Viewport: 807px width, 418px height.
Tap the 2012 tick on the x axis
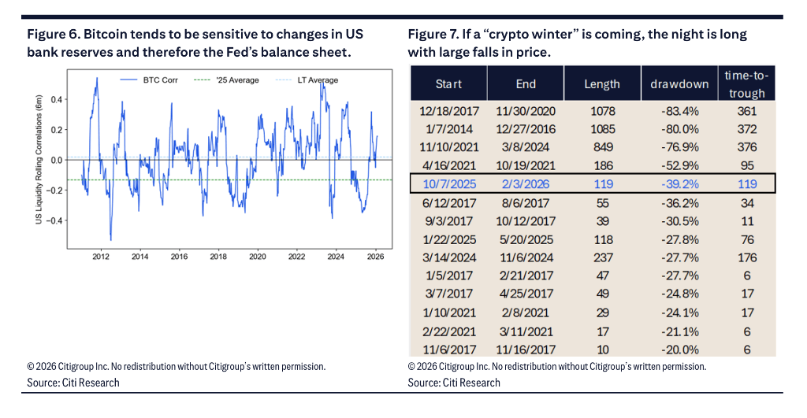pyautogui.click(x=100, y=257)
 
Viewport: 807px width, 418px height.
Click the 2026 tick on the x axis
pyautogui.click(x=375, y=257)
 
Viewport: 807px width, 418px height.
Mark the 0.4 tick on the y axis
pyautogui.click(x=57, y=99)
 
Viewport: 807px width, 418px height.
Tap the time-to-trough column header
pyautogui.click(x=746, y=83)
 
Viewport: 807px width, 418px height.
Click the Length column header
pyautogui.click(x=602, y=83)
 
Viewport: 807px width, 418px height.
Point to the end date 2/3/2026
pyautogui.click(x=526, y=183)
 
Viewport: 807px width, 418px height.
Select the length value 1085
pyautogui.click(x=602, y=128)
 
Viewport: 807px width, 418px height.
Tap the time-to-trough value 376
pyautogui.click(x=746, y=146)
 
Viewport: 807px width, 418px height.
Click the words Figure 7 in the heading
pyautogui.click(x=433, y=35)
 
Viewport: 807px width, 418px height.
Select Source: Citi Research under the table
pyautogui.click(x=454, y=383)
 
